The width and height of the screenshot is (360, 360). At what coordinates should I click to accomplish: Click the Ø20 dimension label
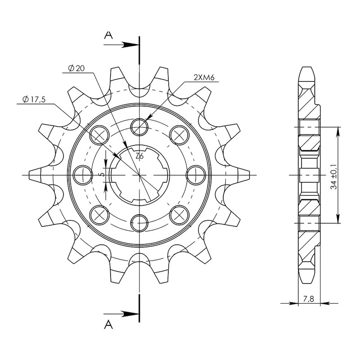coord(76,68)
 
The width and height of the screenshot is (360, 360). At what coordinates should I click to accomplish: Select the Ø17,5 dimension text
coord(34,99)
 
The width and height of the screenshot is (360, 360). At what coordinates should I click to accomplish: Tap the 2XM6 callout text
coord(204,78)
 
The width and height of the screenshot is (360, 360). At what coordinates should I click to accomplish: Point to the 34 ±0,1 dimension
coord(334,175)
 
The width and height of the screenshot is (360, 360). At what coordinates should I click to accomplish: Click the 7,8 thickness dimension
coord(309,299)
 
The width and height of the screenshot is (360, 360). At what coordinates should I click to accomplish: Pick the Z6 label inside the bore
coord(139,156)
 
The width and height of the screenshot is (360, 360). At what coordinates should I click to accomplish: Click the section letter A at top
coord(108,35)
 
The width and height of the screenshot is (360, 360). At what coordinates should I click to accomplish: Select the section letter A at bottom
coord(108,324)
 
